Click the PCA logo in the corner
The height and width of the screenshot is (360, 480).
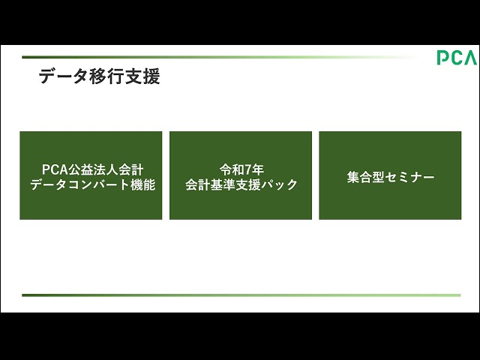click(457, 58)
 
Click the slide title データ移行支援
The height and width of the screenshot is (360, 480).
click(99, 76)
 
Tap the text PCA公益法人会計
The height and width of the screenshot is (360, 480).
click(91, 169)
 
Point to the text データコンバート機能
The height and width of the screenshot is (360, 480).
click(91, 184)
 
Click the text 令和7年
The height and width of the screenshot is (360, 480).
click(241, 169)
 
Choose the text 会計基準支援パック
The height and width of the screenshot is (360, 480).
click(241, 184)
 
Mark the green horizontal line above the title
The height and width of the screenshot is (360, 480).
click(217, 56)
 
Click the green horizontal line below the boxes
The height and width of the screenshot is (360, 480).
click(240, 295)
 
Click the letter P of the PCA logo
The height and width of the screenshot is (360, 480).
click(443, 58)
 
